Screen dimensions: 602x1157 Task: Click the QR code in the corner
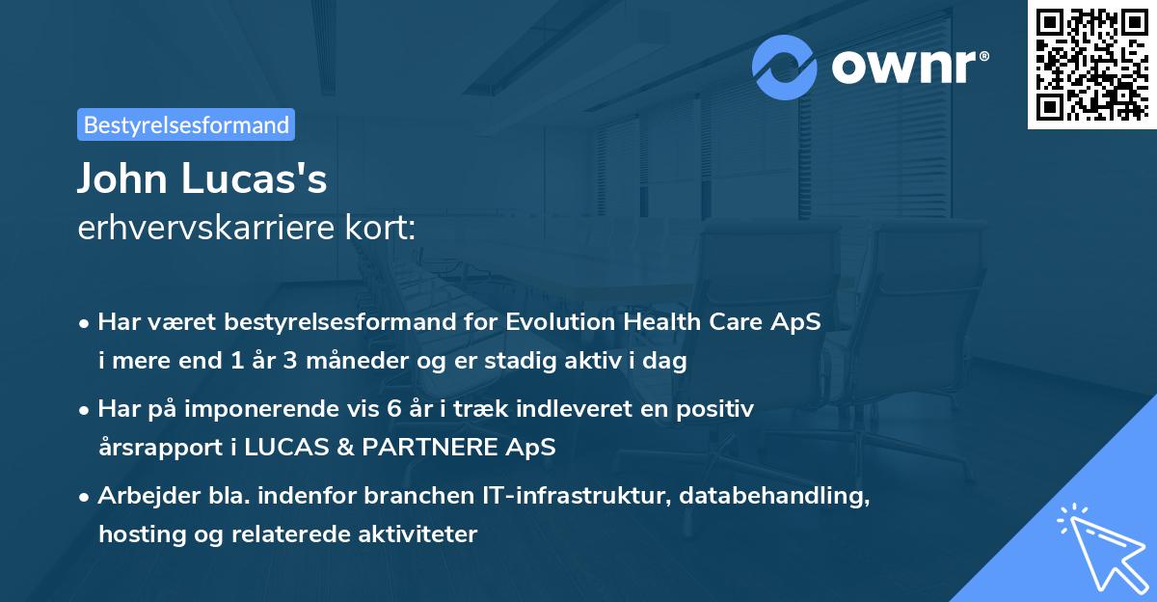coord(1092,65)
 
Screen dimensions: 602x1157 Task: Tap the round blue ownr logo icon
coord(785,67)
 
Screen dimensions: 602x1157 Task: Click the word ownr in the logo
coord(904,67)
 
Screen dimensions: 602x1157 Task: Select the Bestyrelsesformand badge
coord(186,124)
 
